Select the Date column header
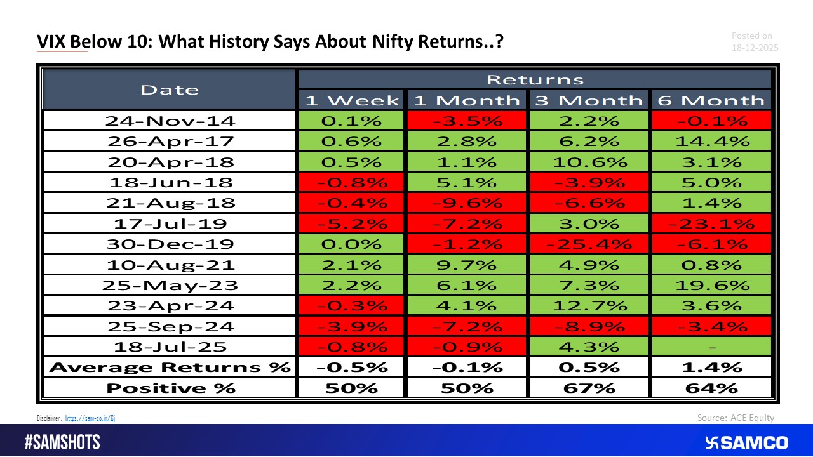pyautogui.click(x=170, y=89)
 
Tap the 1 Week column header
pyautogui.click(x=352, y=100)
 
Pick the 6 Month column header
pyautogui.click(x=711, y=100)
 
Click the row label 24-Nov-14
pyautogui.click(x=170, y=121)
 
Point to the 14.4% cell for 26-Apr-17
pyautogui.click(x=711, y=141)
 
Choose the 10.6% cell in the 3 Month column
pyautogui.click(x=590, y=162)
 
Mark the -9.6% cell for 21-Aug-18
pyautogui.click(x=467, y=203)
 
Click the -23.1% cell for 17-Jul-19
pyautogui.click(x=711, y=223)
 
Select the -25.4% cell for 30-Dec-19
pyautogui.click(x=590, y=244)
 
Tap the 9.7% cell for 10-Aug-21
pyautogui.click(x=467, y=265)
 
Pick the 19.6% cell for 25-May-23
pyautogui.click(x=711, y=285)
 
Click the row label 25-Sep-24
pyautogui.click(x=170, y=326)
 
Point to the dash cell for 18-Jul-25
pyautogui.click(x=711, y=347)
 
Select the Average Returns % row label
pyautogui.click(x=170, y=368)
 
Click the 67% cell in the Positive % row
pyautogui.click(x=590, y=388)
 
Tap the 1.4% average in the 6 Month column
pyautogui.click(x=711, y=368)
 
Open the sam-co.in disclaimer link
pyautogui.click(x=90, y=418)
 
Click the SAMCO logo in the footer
pyautogui.click(x=746, y=442)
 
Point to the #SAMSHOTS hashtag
pyautogui.click(x=62, y=442)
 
